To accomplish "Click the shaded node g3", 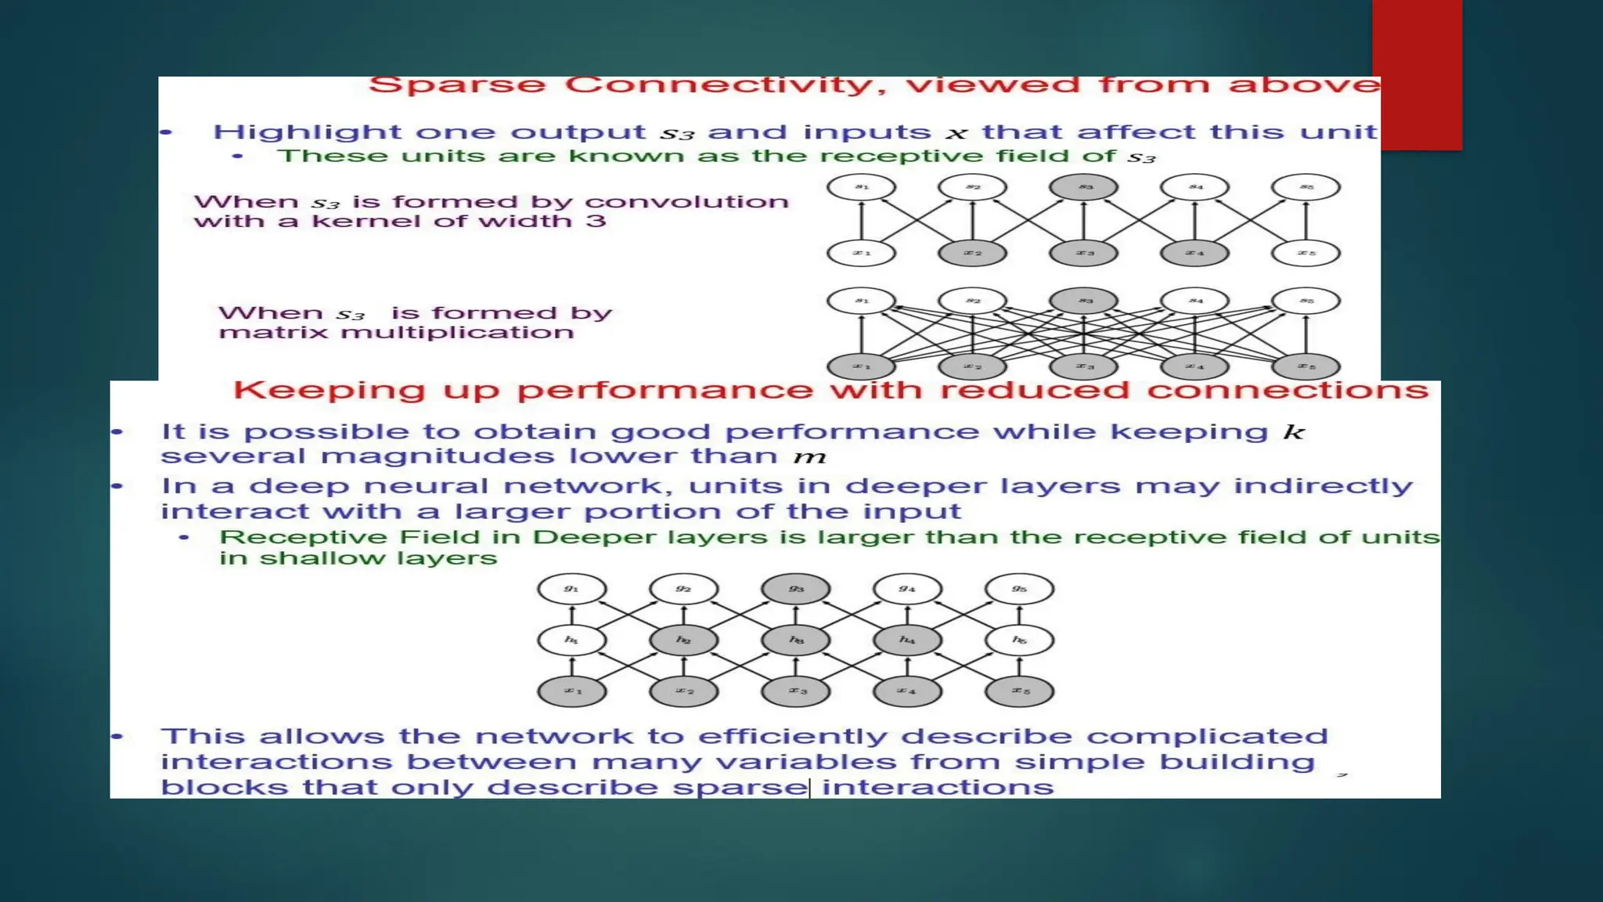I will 795,589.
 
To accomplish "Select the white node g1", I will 571,589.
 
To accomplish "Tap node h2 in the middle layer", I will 683,640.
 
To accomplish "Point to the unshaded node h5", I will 1019,640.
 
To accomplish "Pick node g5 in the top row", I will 1019,589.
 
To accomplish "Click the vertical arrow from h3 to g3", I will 796,614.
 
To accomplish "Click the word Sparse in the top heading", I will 456,85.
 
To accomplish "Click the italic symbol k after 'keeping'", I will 1294,432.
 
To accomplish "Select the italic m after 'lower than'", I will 809,457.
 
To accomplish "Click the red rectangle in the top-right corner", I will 1417,74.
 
